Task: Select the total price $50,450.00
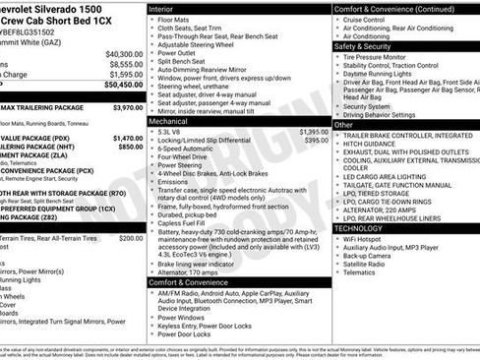click(123, 85)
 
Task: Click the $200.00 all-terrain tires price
click(131, 238)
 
